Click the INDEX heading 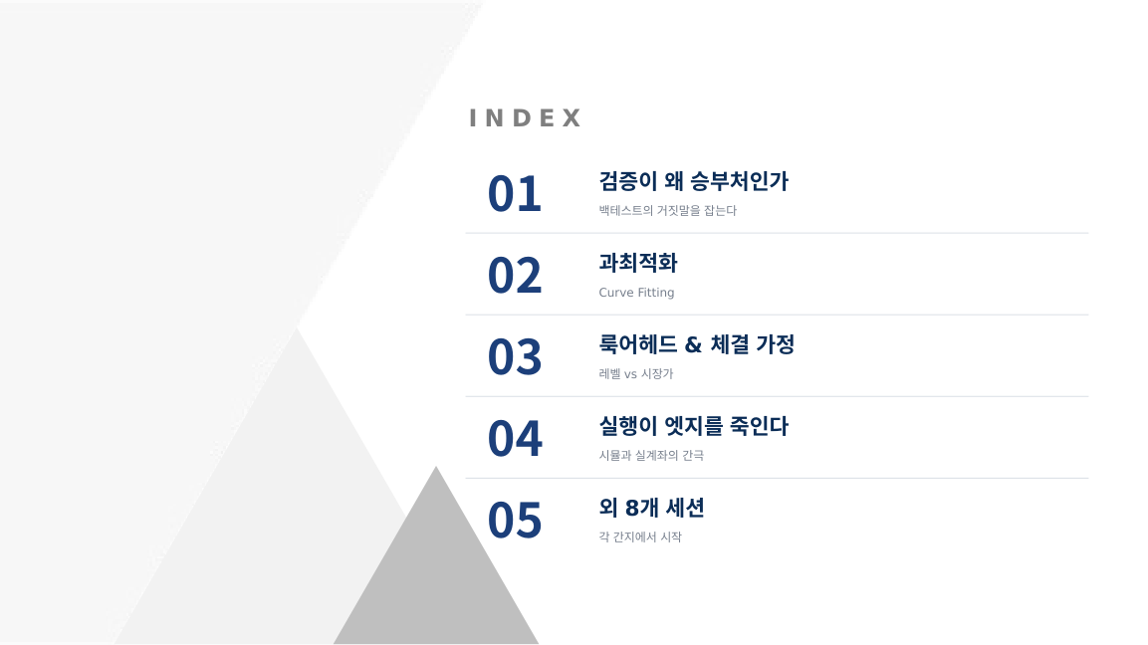click(525, 117)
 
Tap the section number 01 click(515, 194)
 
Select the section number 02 click(515, 276)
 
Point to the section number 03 click(515, 357)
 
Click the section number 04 click(515, 439)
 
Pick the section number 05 click(515, 521)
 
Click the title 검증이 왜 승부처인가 click(693, 181)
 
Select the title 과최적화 click(638, 263)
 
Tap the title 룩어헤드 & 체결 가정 click(696, 344)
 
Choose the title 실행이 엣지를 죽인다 click(693, 426)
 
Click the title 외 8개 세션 click(651, 508)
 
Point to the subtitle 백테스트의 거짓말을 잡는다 click(668, 211)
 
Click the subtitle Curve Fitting click(636, 292)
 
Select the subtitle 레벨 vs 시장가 click(635, 374)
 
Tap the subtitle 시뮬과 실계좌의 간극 click(651, 455)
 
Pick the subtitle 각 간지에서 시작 click(640, 537)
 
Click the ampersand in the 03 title click(693, 344)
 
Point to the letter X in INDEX click(572, 117)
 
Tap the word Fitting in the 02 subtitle click(655, 293)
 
